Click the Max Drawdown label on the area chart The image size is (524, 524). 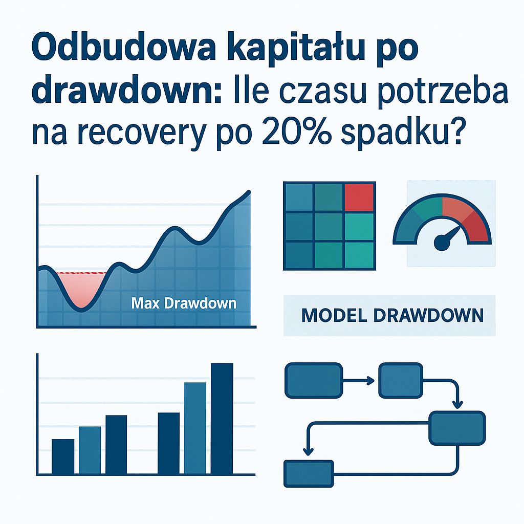(x=184, y=303)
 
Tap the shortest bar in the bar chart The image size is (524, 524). (x=63, y=456)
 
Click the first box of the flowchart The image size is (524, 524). (x=314, y=380)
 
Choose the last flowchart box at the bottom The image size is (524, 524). (x=309, y=473)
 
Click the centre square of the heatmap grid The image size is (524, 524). (x=330, y=226)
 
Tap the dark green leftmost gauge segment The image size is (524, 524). (x=409, y=226)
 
